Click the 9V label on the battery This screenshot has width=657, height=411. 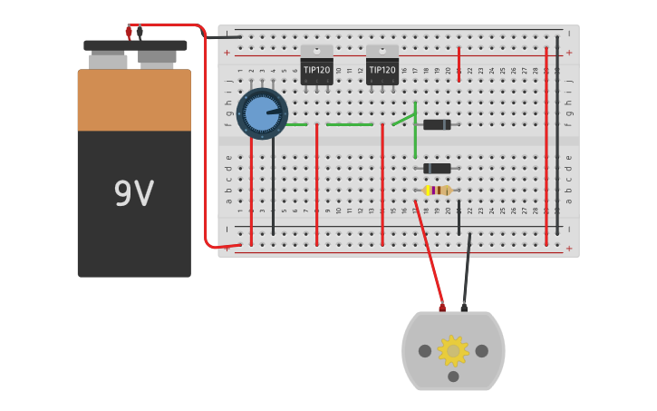pos(133,194)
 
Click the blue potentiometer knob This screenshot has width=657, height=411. pos(262,113)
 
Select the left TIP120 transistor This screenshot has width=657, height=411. pos(316,67)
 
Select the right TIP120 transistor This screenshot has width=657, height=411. pos(382,67)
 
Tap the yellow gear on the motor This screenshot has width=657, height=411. pos(452,351)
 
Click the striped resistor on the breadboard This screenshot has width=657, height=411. pos(438,191)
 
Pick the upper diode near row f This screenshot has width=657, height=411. pos(437,125)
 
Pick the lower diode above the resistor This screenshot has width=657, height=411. pos(437,169)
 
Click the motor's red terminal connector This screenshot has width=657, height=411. pos(442,308)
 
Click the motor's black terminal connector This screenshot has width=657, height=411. pos(464,308)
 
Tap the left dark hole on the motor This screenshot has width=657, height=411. pos(425,351)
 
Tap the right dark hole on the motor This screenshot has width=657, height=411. pos(481,351)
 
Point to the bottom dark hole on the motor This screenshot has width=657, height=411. pos(453,377)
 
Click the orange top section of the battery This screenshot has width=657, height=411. pos(134,100)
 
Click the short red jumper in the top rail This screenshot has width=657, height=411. pos(459,64)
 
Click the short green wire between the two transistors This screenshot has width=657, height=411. pos(349,124)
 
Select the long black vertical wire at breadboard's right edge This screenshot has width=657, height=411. pos(557,136)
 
